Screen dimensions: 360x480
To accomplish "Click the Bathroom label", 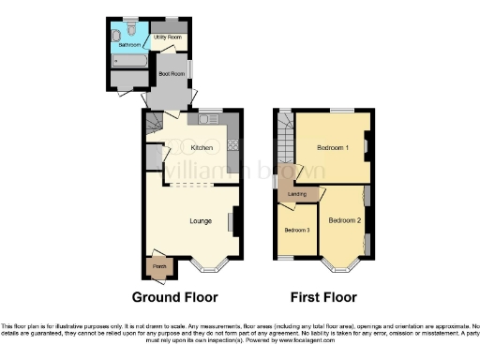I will coord(128,45).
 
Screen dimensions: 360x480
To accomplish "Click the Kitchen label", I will coord(202,148).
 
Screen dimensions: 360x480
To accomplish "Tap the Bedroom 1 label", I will coord(332,149).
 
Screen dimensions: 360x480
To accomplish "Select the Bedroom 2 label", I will coord(344,220).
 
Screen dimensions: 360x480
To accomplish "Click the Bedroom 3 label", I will coord(297,230).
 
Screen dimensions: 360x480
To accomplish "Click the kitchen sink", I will coord(203,120).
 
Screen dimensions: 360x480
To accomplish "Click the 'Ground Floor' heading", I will coord(176,298).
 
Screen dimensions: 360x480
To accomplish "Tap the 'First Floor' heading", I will coord(322,298).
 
